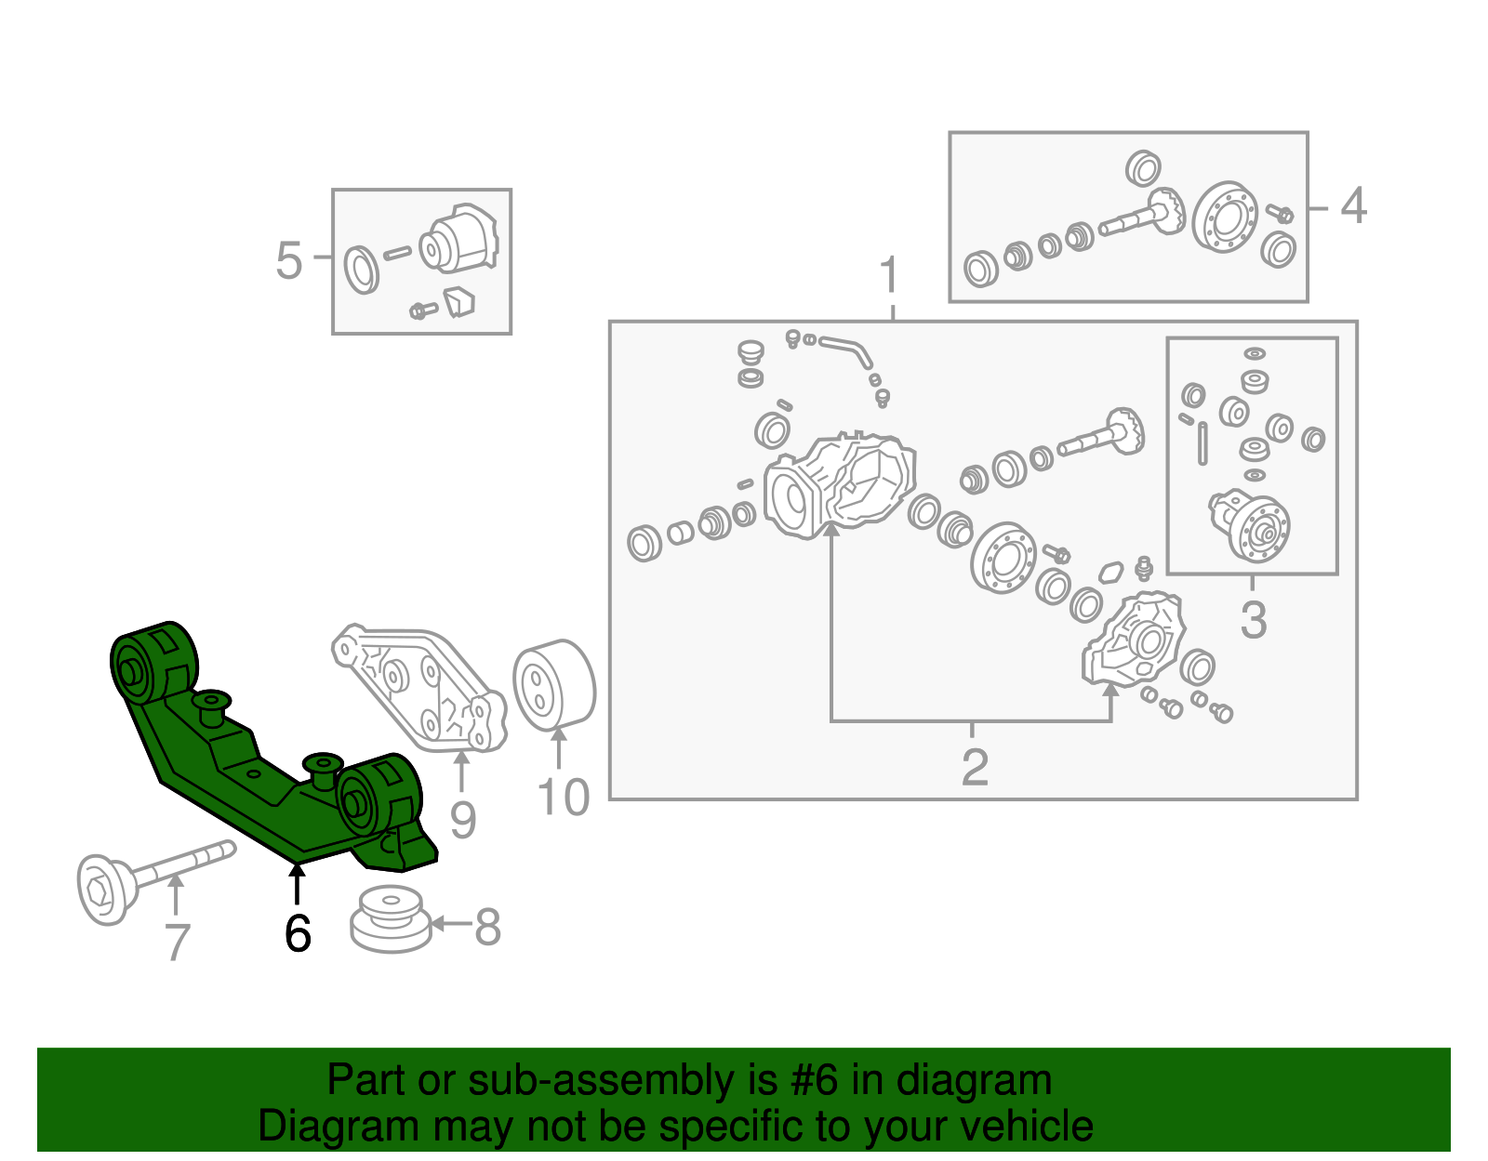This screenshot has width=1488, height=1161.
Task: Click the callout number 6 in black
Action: pyautogui.click(x=298, y=932)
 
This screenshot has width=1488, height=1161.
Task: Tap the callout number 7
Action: pyautogui.click(x=177, y=942)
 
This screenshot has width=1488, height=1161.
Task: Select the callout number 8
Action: pyautogui.click(x=488, y=927)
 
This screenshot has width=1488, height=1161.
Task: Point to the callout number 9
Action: pyautogui.click(x=462, y=819)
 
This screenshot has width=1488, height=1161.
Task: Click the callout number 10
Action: pyautogui.click(x=564, y=798)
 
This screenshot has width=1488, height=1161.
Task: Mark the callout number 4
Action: pyautogui.click(x=1353, y=205)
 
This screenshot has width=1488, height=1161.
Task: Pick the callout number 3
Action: pyautogui.click(x=1253, y=620)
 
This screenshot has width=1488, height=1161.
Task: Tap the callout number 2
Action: pyautogui.click(x=974, y=767)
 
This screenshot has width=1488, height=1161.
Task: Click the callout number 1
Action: pyautogui.click(x=890, y=275)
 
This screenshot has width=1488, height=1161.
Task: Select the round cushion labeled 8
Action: pyautogui.click(x=391, y=919)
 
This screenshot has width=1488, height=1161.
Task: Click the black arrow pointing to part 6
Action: pyautogui.click(x=297, y=883)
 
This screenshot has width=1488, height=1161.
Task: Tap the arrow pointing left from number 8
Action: pyautogui.click(x=450, y=923)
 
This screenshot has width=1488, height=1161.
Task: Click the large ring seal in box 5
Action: pyautogui.click(x=361, y=270)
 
